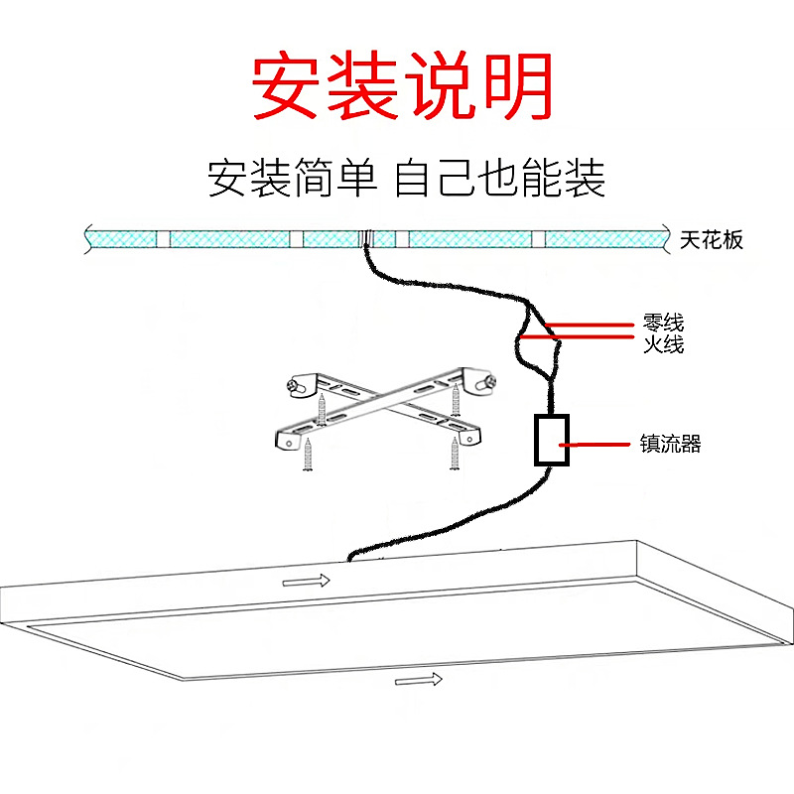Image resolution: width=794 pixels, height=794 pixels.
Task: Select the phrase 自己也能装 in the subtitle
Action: [x=499, y=179]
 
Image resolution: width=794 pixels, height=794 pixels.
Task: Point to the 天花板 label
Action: [x=712, y=240]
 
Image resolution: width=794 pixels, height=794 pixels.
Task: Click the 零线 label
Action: [x=663, y=324]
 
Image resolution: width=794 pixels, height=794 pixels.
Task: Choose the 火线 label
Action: [x=663, y=345]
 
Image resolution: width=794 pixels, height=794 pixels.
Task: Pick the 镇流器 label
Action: [x=671, y=445]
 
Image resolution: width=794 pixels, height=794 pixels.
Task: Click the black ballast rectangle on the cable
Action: [x=551, y=440]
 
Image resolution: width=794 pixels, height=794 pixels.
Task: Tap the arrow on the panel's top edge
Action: [x=306, y=581]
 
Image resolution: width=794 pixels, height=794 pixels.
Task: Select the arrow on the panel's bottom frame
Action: [x=419, y=680]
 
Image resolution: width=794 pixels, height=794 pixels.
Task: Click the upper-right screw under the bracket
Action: [x=456, y=398]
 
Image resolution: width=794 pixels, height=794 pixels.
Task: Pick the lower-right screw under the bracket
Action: [x=456, y=454]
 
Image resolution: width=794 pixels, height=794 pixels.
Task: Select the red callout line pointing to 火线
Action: [x=586, y=337]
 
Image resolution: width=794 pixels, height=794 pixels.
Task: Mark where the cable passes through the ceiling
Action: [x=366, y=239]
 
